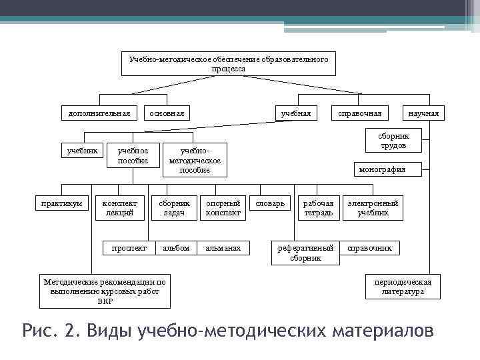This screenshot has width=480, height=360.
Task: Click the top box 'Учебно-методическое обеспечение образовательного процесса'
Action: (x=228, y=64)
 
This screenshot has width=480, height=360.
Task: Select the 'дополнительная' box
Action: (x=99, y=113)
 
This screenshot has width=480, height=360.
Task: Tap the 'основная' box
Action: (x=167, y=113)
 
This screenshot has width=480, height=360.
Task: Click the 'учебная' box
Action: (x=295, y=113)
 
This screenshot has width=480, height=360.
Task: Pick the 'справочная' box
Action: (x=360, y=113)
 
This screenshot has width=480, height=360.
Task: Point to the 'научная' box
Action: (x=423, y=113)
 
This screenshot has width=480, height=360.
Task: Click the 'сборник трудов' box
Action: (x=393, y=140)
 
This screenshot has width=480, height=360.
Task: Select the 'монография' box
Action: (x=381, y=169)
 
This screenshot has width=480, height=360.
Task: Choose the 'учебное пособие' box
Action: (x=133, y=155)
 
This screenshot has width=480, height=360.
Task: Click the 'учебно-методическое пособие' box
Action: (x=195, y=160)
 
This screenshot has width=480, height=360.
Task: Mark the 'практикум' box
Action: (x=61, y=203)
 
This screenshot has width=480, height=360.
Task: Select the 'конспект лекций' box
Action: (x=120, y=208)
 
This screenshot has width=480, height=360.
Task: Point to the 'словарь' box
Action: (x=271, y=203)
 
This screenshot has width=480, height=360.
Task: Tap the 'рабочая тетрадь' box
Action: (x=318, y=208)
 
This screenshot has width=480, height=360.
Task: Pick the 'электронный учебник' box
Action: (x=373, y=208)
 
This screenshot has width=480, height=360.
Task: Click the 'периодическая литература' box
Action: (x=403, y=287)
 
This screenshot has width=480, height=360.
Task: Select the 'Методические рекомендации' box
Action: (x=104, y=291)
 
